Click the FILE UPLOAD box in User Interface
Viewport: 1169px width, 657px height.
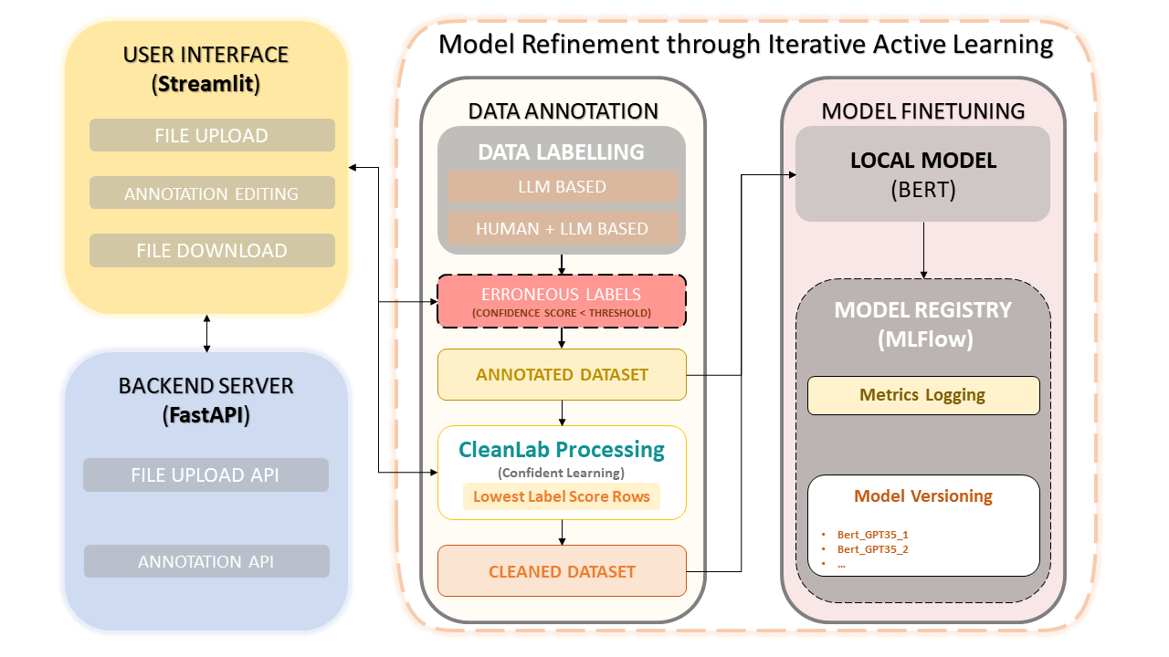click(x=212, y=136)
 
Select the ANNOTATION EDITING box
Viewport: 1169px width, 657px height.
click(x=212, y=193)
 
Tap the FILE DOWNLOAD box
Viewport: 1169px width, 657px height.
click(x=212, y=251)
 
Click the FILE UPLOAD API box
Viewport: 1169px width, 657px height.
click(x=205, y=475)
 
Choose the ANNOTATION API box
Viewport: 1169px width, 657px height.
click(x=205, y=562)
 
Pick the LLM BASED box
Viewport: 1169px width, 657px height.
click(x=562, y=186)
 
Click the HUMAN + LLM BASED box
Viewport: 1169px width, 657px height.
click(x=562, y=229)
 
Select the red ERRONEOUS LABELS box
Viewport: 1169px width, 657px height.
click(x=562, y=301)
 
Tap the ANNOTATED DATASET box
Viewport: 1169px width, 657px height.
click(x=562, y=374)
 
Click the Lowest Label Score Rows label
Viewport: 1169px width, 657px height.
click(x=562, y=496)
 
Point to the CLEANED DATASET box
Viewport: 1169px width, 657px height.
click(x=562, y=571)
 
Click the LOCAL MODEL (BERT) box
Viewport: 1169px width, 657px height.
click(x=923, y=173)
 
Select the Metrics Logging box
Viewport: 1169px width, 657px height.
click(x=923, y=395)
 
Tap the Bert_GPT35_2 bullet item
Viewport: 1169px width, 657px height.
click(x=872, y=549)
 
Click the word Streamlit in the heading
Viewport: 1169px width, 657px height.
click(x=205, y=85)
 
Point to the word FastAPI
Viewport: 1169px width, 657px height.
click(x=206, y=416)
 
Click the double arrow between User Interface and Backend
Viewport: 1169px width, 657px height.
click(x=207, y=334)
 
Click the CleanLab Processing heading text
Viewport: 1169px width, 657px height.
click(x=562, y=450)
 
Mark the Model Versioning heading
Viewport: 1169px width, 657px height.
click(x=923, y=496)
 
